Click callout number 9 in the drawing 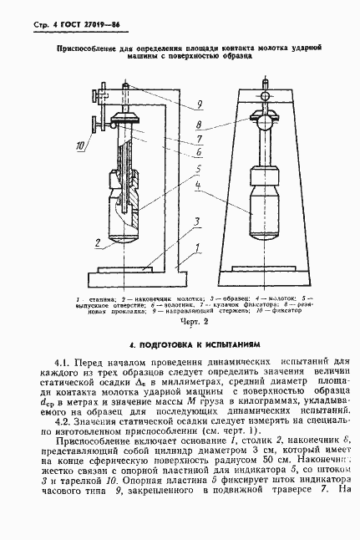200,104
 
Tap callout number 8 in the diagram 200,123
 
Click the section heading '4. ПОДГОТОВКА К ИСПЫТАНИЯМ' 180,344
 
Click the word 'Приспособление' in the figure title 84,51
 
